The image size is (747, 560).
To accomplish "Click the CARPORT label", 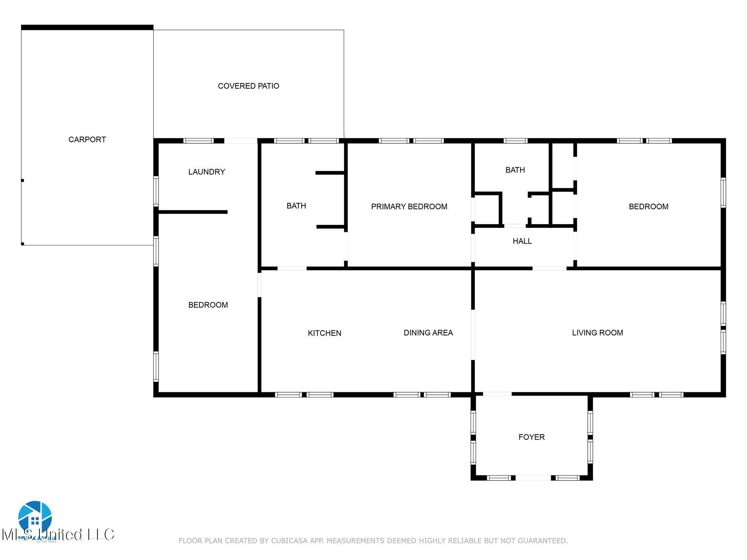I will (87, 140).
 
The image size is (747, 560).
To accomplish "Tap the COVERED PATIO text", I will (248, 86).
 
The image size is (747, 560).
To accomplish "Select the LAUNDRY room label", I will (206, 172).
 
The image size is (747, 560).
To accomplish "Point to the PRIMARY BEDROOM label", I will (409, 207).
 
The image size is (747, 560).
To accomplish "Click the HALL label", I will (522, 241).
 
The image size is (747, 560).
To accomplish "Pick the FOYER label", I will (531, 437).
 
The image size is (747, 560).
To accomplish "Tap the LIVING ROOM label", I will (597, 332).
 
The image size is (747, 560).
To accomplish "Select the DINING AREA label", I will (428, 332).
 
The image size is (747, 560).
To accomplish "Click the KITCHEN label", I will (324, 333).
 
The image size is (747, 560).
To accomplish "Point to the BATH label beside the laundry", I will (296, 206).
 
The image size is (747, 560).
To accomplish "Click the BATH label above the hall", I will (515, 170).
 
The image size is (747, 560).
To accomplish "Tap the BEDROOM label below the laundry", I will (208, 305).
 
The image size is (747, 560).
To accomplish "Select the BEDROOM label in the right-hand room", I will (648, 207).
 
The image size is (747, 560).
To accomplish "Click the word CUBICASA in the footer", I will (288, 541).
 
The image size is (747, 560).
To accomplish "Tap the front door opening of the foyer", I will (533, 478).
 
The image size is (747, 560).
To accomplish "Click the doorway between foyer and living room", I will (497, 394).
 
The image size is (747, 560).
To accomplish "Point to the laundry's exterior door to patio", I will (240, 141).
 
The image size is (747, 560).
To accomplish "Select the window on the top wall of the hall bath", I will (515, 141).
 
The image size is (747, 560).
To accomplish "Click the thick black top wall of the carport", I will (87, 27).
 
